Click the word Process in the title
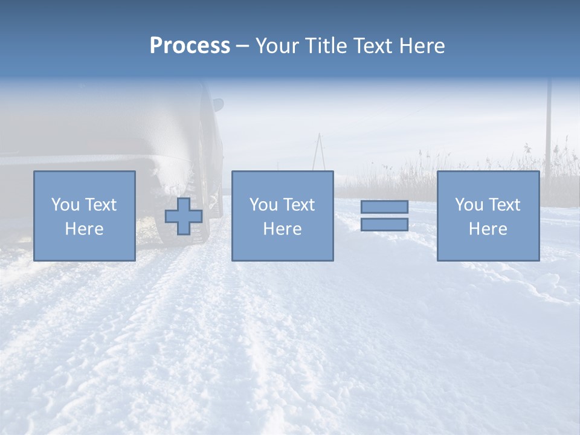pyautogui.click(x=190, y=46)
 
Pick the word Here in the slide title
pyautogui.click(x=422, y=46)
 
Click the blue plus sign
pyautogui.click(x=184, y=216)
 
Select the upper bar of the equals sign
pyautogui.click(x=384, y=207)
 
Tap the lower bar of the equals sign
pyautogui.click(x=384, y=224)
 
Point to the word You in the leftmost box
pyautogui.click(x=65, y=205)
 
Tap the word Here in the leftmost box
pyautogui.click(x=84, y=229)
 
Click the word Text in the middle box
pyautogui.click(x=299, y=205)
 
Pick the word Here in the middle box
pyautogui.click(x=282, y=229)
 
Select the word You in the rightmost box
pyautogui.click(x=468, y=205)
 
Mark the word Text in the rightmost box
pyautogui.click(x=504, y=205)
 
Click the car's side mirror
pyautogui.click(x=217, y=105)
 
